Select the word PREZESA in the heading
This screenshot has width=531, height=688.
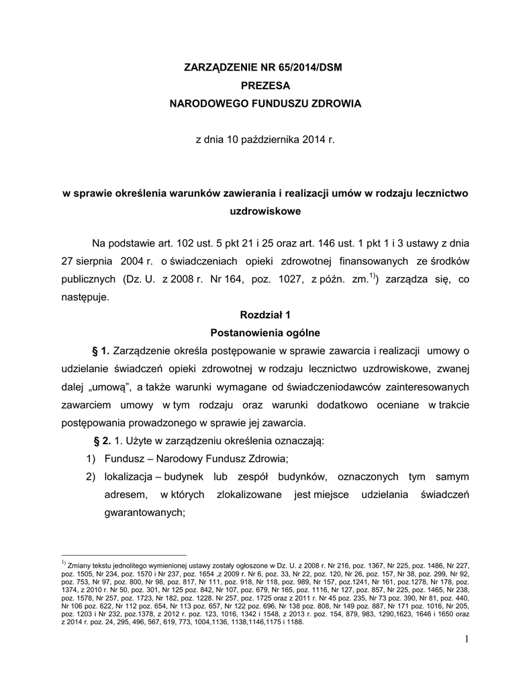tap(264, 86)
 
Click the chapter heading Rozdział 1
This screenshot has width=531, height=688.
tap(264, 314)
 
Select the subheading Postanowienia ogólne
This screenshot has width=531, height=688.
tap(264, 333)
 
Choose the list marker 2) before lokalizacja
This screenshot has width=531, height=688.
tap(91, 477)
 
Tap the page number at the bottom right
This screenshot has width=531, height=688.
tap(465, 638)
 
